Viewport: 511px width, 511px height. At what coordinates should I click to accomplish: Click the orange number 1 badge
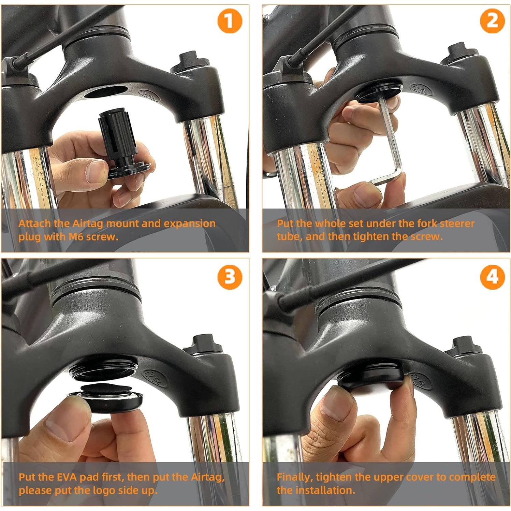point(230,21)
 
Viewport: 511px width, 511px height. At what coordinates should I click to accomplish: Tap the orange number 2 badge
point(492,21)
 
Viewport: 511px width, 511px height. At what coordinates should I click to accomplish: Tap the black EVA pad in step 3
point(106,389)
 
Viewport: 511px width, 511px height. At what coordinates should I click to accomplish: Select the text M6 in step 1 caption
point(76,237)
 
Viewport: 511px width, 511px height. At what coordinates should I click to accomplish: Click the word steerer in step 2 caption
point(457,224)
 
